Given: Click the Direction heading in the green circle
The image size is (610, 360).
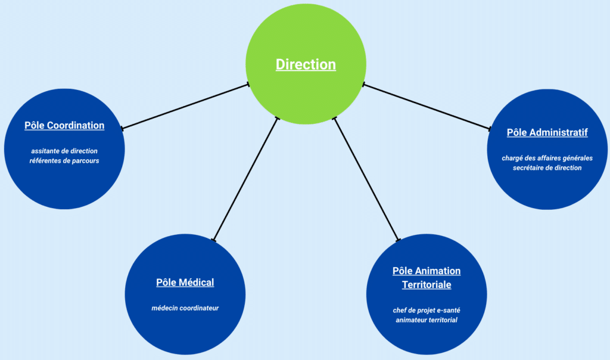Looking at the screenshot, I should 306,64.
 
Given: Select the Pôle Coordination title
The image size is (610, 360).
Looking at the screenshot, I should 64,126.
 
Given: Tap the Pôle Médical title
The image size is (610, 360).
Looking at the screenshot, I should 185,283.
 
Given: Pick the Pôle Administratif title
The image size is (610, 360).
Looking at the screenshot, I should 547,132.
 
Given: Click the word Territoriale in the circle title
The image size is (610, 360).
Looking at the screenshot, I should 427,285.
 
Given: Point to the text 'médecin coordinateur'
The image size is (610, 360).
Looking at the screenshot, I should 185,308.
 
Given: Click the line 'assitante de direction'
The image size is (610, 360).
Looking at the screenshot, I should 64,151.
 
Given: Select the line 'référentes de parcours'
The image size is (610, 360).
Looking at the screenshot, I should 64,160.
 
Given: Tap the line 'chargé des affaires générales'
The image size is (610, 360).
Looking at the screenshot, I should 547,158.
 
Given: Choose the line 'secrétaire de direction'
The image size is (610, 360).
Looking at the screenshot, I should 547,167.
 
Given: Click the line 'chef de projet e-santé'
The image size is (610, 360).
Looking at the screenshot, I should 427,311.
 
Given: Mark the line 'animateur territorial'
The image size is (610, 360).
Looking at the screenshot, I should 427,320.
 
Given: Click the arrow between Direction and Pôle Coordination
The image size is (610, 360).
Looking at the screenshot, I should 185,106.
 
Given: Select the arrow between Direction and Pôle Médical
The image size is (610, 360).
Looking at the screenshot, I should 245,179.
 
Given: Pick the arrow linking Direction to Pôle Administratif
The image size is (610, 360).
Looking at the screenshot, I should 426,107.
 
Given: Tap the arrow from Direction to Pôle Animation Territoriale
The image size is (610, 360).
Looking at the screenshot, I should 366,179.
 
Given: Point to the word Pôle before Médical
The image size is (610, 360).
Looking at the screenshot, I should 167,283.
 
